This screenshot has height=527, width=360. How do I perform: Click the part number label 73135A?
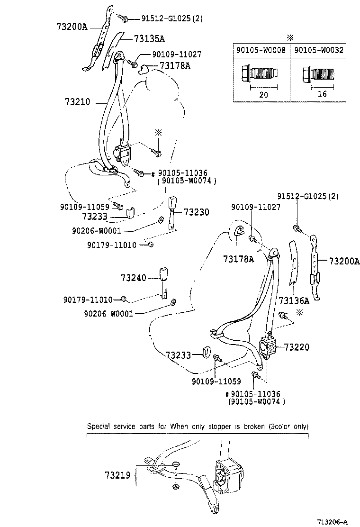click(149, 38)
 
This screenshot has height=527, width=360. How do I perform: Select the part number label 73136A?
click(294, 300)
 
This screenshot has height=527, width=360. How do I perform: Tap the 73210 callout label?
click(80, 102)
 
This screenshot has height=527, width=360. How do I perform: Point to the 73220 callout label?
click(297, 347)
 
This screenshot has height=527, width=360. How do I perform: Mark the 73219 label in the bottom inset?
click(117, 474)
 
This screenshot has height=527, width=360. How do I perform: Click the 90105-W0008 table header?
click(261, 49)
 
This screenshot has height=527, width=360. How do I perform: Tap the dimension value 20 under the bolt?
click(262, 94)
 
